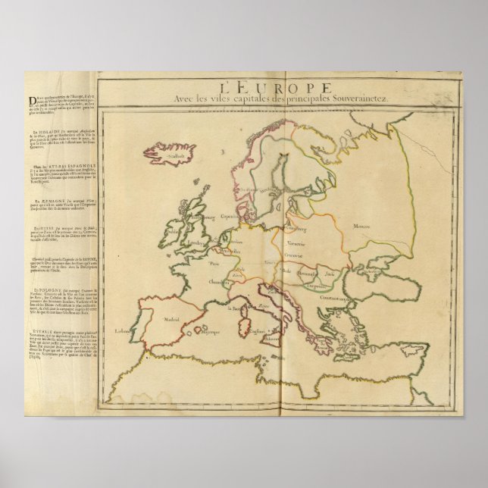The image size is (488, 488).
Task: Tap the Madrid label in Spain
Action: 176,320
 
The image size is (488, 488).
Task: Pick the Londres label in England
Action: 199,243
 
